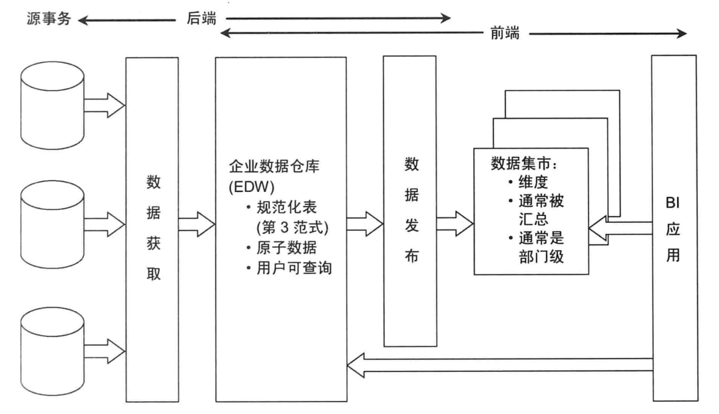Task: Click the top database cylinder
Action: tap(51, 104)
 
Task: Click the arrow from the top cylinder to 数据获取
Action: tap(104, 104)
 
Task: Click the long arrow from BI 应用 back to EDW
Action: tap(499, 364)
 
